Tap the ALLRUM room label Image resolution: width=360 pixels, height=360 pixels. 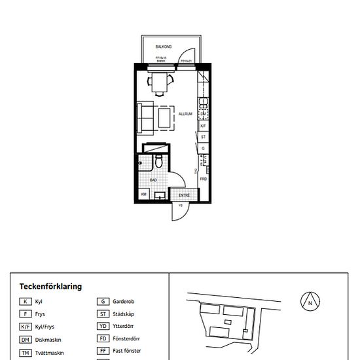point(185,114)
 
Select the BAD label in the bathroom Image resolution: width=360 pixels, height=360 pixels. point(153,179)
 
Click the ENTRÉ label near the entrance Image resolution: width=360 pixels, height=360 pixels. point(184,195)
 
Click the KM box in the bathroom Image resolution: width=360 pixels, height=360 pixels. point(143,194)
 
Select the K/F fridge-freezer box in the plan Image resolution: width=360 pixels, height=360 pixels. point(204,125)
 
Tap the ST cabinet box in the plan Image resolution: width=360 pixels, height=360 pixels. point(204,137)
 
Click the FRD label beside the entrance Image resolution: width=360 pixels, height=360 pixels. point(204,179)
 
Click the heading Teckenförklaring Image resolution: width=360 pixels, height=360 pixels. point(50,287)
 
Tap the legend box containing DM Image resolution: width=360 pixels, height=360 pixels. point(26,340)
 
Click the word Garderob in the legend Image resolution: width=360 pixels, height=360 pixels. point(124,302)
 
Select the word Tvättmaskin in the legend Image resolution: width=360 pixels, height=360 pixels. point(48,353)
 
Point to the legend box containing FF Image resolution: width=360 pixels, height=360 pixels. point(103,352)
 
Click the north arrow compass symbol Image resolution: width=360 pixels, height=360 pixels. point(310,302)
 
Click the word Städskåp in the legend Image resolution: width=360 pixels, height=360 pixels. point(124,314)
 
